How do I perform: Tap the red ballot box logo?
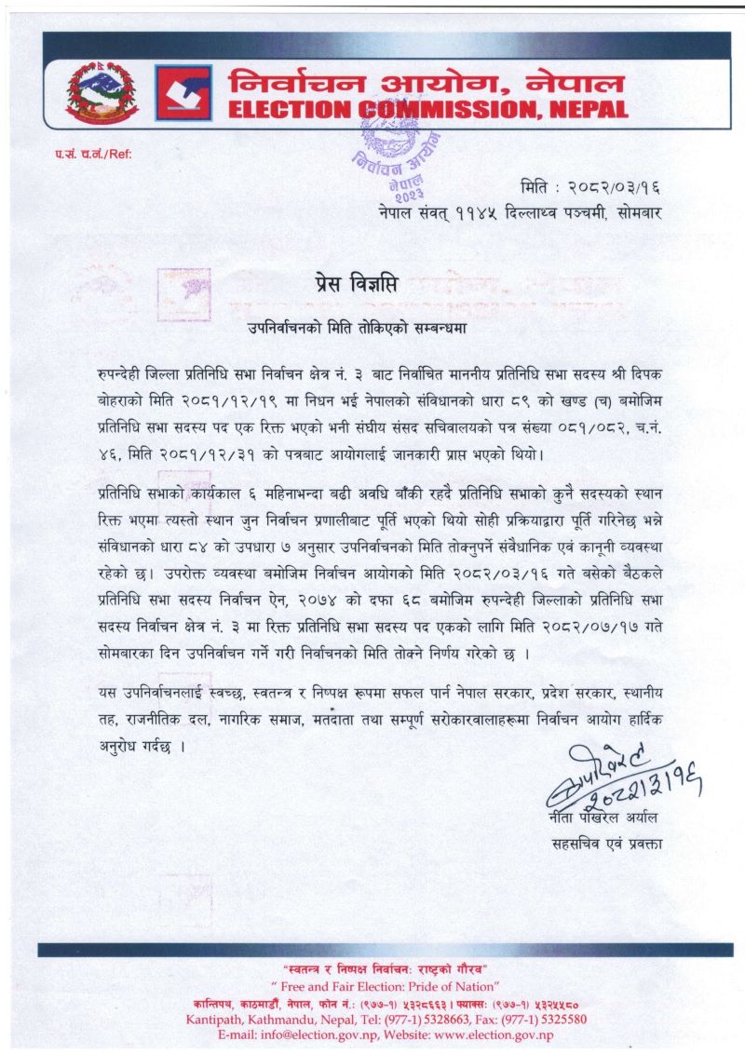tap(183, 92)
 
